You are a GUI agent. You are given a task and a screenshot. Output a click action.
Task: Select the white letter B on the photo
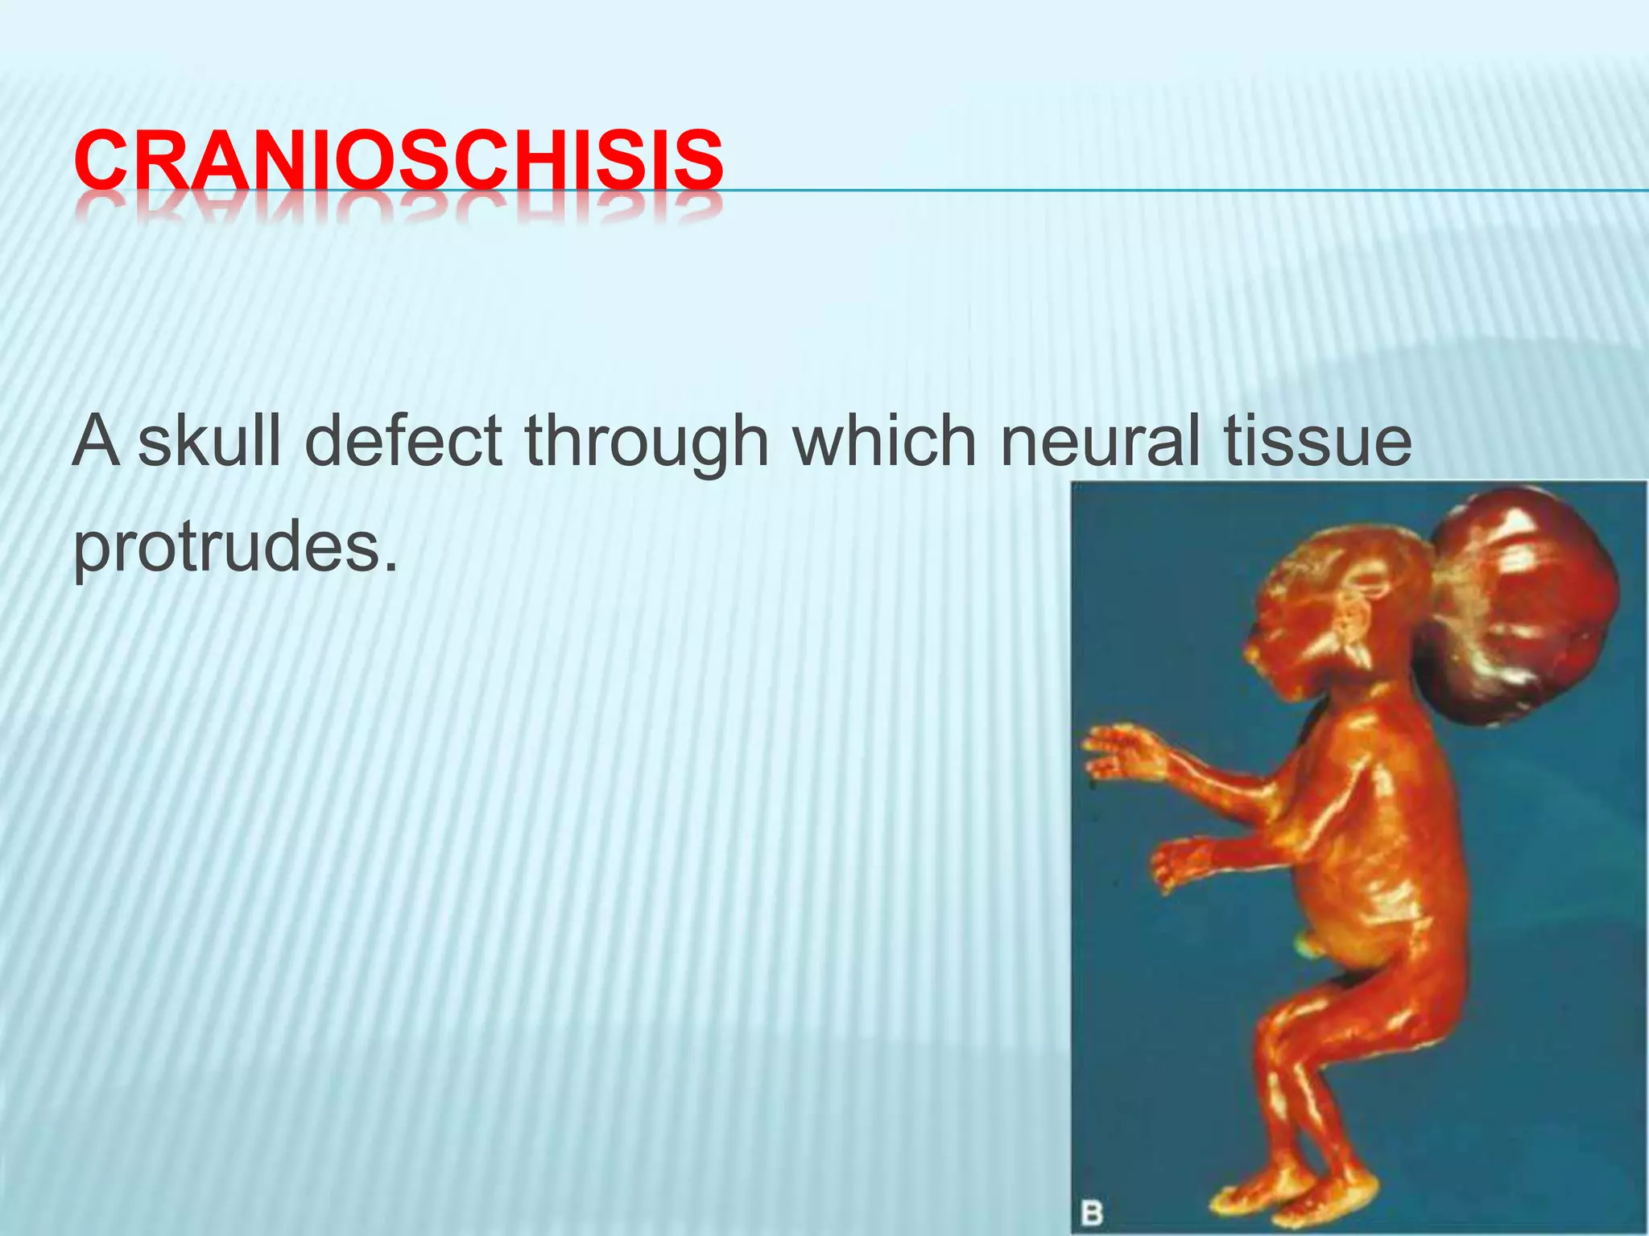pyautogui.click(x=1091, y=1213)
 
